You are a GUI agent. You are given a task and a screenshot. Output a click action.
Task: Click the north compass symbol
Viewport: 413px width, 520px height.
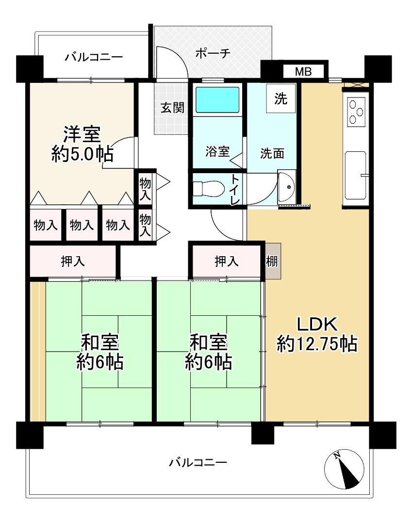tap(344, 469)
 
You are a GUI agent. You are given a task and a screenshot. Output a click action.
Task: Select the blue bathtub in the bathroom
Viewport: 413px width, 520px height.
tap(217, 99)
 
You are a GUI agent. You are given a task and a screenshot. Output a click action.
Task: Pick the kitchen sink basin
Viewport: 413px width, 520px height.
tap(355, 175)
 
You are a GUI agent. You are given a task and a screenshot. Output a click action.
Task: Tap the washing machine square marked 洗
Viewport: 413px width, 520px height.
tap(281, 98)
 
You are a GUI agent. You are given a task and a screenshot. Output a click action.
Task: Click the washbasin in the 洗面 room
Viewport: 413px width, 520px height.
tap(286, 187)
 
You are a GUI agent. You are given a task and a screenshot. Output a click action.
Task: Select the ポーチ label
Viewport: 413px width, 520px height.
tap(213, 53)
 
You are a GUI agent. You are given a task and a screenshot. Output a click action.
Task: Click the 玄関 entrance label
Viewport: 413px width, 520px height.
tap(172, 108)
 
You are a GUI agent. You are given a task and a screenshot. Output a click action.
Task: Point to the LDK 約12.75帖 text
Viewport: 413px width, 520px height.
tap(317, 334)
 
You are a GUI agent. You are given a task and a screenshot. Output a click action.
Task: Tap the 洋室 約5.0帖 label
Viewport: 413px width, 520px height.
tap(83, 144)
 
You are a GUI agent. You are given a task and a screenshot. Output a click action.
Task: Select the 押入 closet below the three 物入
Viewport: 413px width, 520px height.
tap(73, 261)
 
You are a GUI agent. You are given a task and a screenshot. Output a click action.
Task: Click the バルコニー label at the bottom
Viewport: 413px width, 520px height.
tap(198, 462)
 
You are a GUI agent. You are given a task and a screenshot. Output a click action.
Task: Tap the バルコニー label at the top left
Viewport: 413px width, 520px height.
tap(94, 57)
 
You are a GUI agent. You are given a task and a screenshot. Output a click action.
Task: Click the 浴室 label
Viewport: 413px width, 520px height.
tap(217, 151)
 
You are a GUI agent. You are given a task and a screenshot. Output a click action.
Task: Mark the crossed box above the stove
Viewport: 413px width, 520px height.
tap(356, 84)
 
